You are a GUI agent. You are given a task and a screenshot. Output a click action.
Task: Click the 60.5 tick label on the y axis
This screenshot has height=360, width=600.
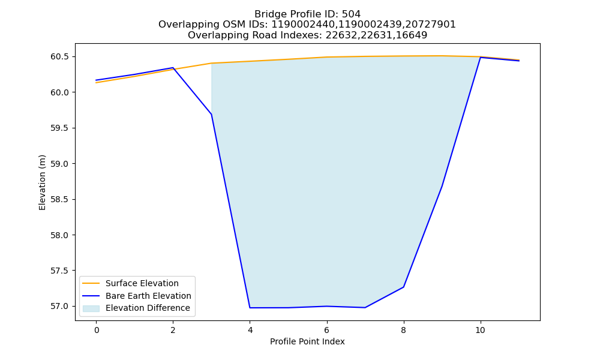coord(59,56)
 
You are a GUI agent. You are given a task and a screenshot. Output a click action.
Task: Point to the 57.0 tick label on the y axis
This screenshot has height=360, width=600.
coord(59,307)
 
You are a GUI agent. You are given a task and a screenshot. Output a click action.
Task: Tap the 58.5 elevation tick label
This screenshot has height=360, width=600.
coord(59,199)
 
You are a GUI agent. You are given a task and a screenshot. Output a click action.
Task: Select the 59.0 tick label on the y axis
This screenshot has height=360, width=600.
coord(59,164)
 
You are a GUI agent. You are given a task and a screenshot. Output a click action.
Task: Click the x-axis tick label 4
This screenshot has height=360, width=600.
coord(250,330)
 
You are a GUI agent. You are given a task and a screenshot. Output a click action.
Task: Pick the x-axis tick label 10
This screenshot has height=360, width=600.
coord(480,330)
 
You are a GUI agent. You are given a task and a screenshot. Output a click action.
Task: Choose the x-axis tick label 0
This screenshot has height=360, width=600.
coord(97,330)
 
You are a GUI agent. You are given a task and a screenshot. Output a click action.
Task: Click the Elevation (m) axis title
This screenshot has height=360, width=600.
coord(42,182)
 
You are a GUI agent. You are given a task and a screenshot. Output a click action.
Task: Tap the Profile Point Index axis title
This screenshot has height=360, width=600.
coord(307,341)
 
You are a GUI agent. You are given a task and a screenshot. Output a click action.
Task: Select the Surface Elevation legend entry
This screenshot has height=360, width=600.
coord(142,283)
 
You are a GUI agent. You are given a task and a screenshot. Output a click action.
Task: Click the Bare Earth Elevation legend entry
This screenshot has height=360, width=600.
coord(148,296)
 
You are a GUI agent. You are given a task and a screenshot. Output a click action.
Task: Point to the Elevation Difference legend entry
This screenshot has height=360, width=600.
coord(148,308)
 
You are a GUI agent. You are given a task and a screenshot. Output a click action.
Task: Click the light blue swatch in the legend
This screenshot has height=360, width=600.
coord(91,308)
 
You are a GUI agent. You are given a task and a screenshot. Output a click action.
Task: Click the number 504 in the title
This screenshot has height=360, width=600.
coord(351,14)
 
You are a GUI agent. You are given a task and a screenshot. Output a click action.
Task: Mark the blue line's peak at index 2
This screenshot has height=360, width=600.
coord(173,68)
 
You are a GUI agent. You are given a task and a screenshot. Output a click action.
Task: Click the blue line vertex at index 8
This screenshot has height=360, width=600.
coord(403,287)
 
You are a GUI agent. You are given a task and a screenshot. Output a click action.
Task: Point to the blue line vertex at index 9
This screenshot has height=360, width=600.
coord(442,187)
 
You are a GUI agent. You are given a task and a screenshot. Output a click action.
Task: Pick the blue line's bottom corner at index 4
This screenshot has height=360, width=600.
coord(250,308)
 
